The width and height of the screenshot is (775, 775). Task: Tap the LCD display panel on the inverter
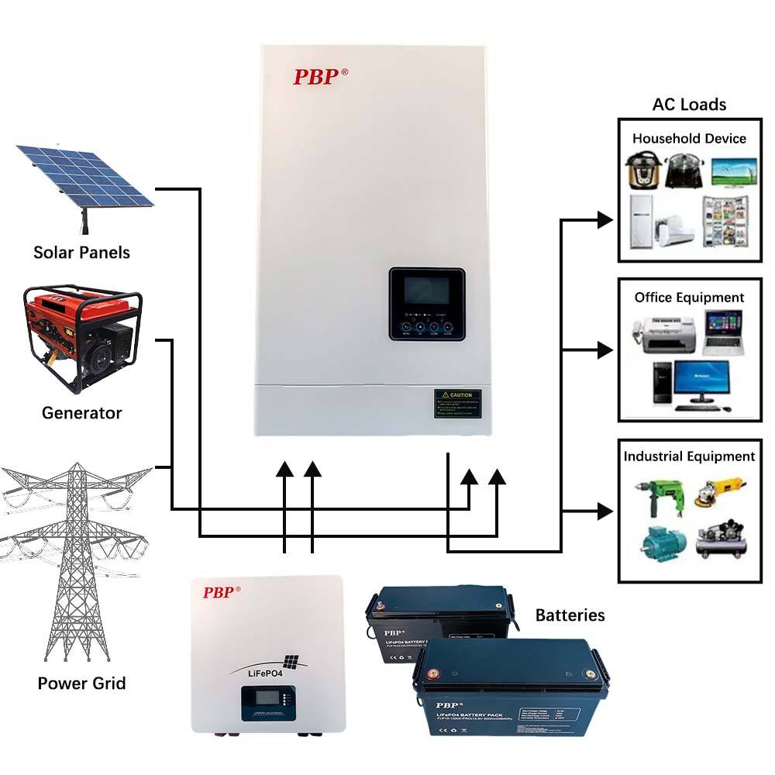pos(426,292)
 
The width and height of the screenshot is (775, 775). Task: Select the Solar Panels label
pos(81,253)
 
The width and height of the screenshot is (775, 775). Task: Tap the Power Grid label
pos(81,684)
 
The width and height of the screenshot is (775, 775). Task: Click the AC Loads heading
pos(689,105)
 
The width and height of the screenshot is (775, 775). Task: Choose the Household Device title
pos(689,139)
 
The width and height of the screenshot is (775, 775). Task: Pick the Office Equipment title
pos(689,298)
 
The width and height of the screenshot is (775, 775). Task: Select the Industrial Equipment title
pos(689,456)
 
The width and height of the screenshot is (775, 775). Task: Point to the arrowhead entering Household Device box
pos(605,220)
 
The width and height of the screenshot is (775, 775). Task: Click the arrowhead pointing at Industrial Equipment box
pos(605,511)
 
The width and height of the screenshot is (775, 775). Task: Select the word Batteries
pos(570,615)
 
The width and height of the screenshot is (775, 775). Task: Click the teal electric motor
pos(660,543)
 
